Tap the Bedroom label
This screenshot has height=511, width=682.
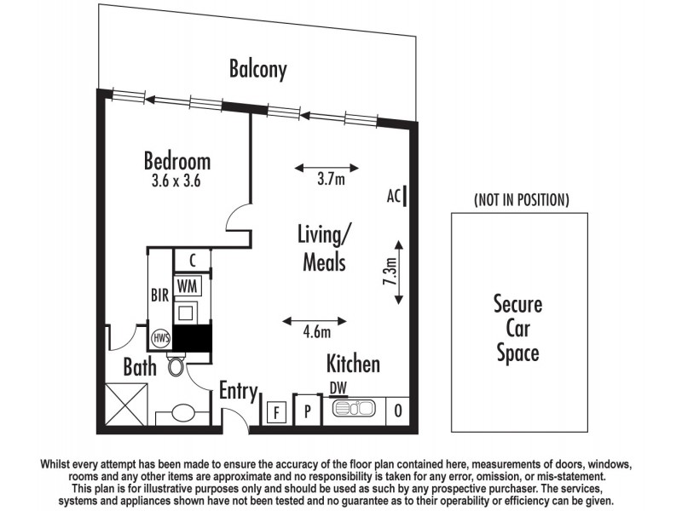pyautogui.click(x=176, y=161)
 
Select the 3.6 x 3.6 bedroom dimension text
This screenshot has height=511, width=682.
pyautogui.click(x=176, y=181)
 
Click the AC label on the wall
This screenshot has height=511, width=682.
pyautogui.click(x=393, y=196)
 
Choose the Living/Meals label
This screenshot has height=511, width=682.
pyautogui.click(x=324, y=247)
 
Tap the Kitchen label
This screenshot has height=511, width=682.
pyautogui.click(x=353, y=365)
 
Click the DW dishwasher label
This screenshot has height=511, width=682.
pyautogui.click(x=339, y=388)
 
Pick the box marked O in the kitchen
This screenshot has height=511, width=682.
pyautogui.click(x=398, y=411)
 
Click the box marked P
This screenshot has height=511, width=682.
pyautogui.click(x=307, y=412)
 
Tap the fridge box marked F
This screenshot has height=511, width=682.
pyautogui.click(x=276, y=413)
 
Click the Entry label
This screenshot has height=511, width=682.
pyautogui.click(x=238, y=391)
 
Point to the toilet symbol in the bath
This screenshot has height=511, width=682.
pyautogui.click(x=176, y=366)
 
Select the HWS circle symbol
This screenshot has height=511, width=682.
pyautogui.click(x=160, y=337)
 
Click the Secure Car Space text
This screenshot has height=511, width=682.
pyautogui.click(x=517, y=328)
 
